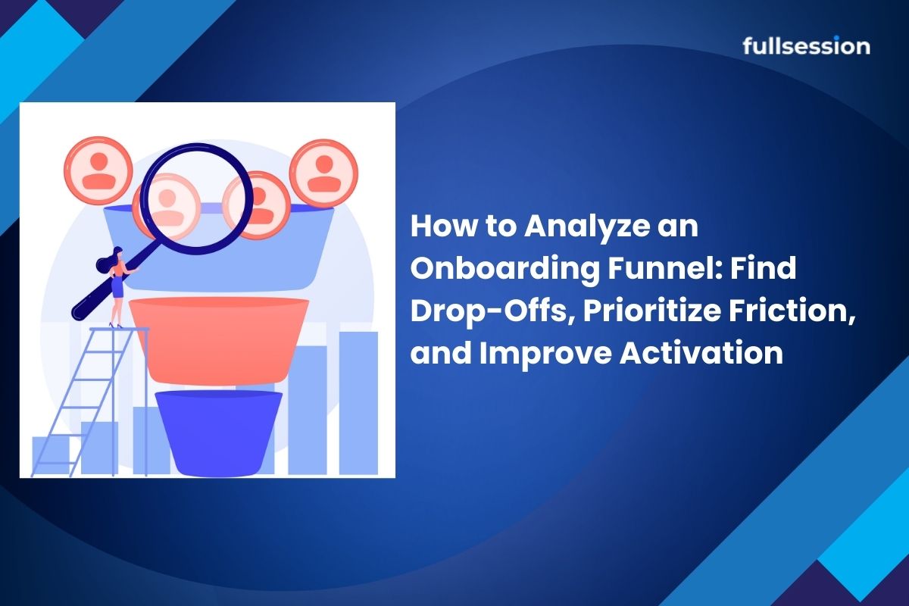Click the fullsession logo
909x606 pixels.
tap(806, 45)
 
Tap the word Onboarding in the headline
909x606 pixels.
tap(504, 269)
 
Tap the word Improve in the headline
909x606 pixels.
tap(545, 354)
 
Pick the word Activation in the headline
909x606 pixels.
tap(701, 352)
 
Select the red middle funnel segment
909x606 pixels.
tap(219, 340)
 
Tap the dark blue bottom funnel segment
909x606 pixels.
tap(219, 433)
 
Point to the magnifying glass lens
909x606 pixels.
tap(198, 198)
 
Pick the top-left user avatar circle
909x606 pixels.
tap(98, 170)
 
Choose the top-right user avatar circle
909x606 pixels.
tap(324, 173)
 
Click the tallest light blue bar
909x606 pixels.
tap(359, 403)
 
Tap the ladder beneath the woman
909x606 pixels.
tap(90, 401)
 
